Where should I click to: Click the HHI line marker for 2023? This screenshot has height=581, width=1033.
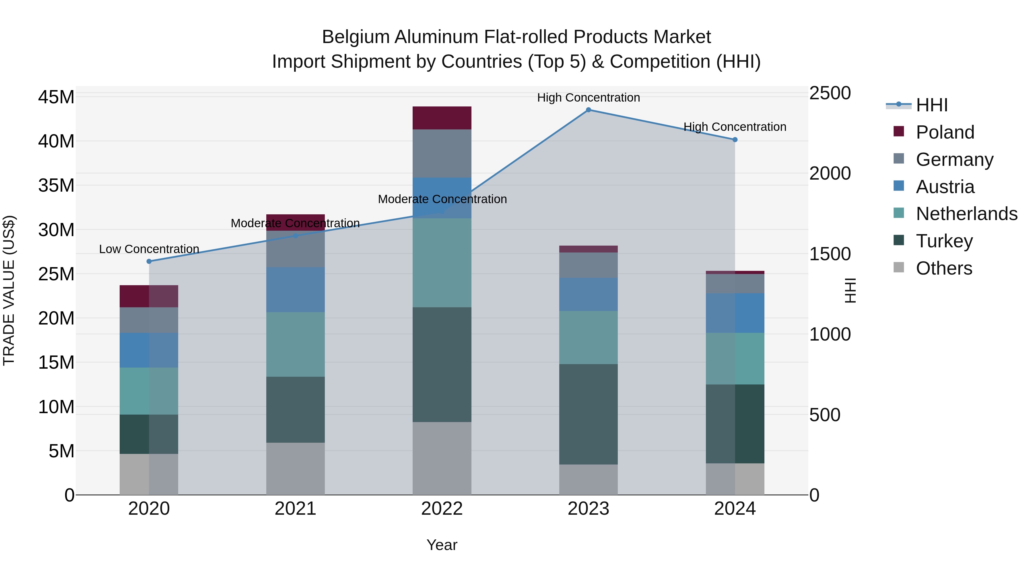coord(588,110)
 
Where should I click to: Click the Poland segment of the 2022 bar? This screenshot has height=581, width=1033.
coord(442,118)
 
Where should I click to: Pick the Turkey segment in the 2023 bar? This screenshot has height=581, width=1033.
coord(588,414)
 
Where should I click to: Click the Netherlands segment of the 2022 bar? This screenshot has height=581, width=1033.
coord(442,263)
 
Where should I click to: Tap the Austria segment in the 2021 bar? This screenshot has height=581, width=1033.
coord(296,289)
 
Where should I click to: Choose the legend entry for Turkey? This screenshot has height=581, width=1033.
coord(944,241)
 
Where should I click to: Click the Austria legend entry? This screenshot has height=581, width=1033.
coord(945,187)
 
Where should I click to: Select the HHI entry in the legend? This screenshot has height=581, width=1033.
coord(931,105)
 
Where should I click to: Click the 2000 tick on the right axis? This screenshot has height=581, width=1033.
coord(830,173)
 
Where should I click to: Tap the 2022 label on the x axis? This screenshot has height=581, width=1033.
coord(442,509)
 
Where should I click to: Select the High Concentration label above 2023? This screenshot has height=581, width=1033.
coord(588,98)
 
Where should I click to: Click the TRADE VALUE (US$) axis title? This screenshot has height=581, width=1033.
coord(9,290)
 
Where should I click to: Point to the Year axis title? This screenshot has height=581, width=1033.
coord(442,545)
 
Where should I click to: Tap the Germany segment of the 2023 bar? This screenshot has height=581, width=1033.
coord(588,265)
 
